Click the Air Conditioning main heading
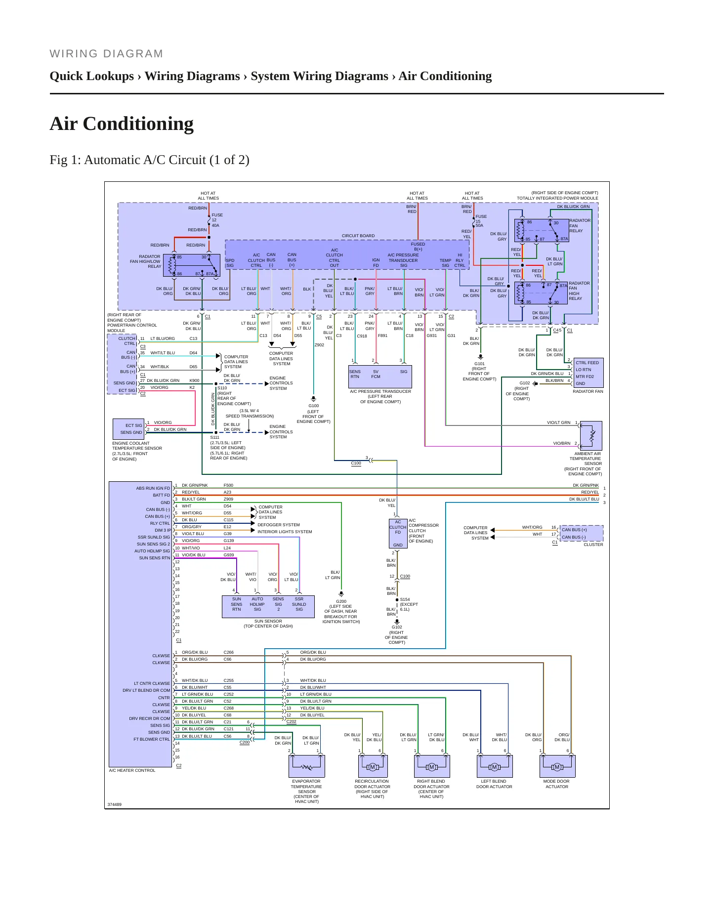(x=122, y=124)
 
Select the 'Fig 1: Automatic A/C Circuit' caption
(x=149, y=160)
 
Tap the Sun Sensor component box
(x=268, y=606)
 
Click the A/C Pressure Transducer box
(x=380, y=377)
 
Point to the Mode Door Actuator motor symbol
(x=557, y=766)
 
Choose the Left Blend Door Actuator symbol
(x=495, y=766)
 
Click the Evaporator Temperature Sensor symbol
(x=307, y=766)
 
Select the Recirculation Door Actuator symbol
(x=373, y=766)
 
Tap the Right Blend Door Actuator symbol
(x=432, y=766)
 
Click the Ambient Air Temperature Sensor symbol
(x=591, y=435)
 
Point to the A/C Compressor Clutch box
(x=398, y=533)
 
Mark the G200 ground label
(x=341, y=601)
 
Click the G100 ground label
(x=313, y=406)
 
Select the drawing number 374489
(x=114, y=804)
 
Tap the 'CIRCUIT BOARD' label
(x=358, y=236)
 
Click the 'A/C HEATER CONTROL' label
(x=132, y=770)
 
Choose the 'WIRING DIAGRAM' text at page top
(x=106, y=54)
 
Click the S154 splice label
(x=405, y=599)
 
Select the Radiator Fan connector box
(x=588, y=373)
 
